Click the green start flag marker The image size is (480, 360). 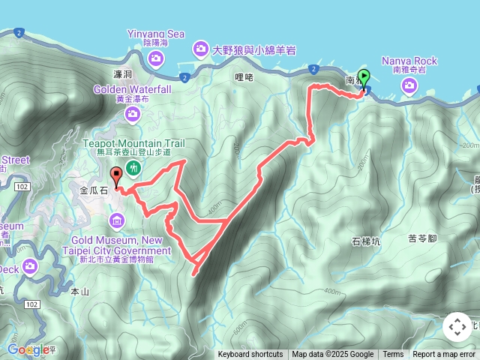[364, 77]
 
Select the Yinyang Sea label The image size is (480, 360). [156, 34]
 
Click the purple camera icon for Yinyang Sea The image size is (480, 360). [156, 57]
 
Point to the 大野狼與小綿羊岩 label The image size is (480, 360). [253, 49]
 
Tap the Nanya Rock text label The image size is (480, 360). [409, 60]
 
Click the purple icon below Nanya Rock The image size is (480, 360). [409, 85]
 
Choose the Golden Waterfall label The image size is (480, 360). [133, 89]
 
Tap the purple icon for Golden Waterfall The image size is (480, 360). [133, 114]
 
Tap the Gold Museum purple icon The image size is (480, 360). [116, 220]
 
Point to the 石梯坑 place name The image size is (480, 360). [365, 241]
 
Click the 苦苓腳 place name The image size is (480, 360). [422, 239]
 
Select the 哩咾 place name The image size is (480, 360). [244, 76]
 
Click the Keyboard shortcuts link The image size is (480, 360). [250, 355]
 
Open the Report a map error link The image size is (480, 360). [444, 355]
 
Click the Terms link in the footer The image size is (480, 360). [393, 355]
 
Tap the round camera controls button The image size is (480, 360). [457, 327]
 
